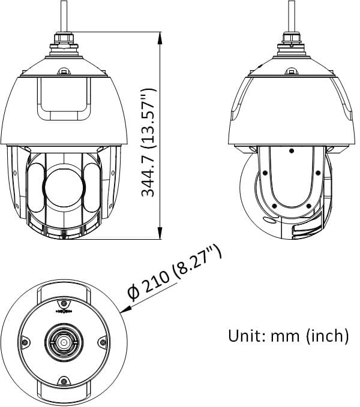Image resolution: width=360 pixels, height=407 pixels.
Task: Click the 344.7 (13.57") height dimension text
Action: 149,142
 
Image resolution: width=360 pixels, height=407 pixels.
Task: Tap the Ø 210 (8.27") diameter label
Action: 175,274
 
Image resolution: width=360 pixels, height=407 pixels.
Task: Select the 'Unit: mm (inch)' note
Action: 289,336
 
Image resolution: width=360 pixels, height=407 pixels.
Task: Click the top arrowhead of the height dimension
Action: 160,38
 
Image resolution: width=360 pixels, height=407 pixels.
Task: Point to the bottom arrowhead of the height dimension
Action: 160,233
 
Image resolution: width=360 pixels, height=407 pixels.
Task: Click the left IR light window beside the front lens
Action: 36,187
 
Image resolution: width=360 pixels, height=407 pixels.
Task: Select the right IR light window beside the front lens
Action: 92,187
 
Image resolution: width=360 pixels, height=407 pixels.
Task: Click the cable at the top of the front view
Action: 64,16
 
